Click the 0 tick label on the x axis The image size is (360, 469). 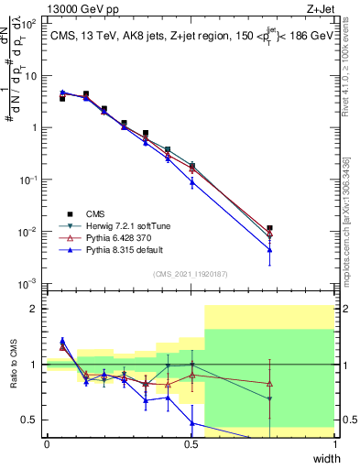click(x=48, y=443)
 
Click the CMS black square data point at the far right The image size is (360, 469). click(x=269, y=228)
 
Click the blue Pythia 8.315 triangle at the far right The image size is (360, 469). click(x=269, y=249)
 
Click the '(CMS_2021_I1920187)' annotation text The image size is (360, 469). click(x=191, y=273)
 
